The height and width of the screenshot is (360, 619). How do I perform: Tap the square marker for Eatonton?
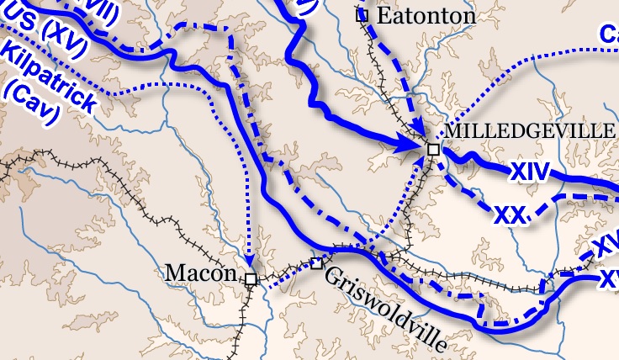click(x=362, y=14)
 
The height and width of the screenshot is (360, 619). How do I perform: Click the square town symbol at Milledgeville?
click(x=433, y=149)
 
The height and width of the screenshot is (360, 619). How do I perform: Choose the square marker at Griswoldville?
click(x=317, y=263)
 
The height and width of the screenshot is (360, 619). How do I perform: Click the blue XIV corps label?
click(x=527, y=173)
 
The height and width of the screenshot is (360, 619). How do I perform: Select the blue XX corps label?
click(x=510, y=214)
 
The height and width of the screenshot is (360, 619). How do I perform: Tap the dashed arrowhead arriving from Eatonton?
click(x=420, y=135)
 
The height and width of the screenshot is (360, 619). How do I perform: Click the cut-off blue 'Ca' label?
click(x=608, y=34)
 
